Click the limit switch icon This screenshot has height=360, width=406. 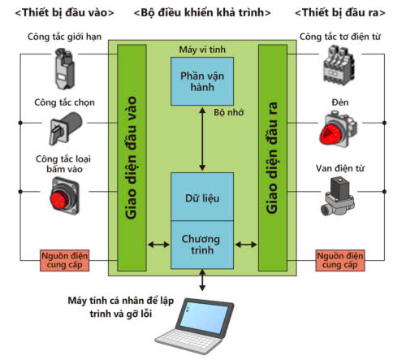(x=64, y=69)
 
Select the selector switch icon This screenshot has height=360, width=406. (x=66, y=128)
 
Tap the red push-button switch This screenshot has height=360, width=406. (x=64, y=196)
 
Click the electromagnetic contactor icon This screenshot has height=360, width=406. (x=339, y=65)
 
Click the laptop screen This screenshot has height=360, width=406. (x=204, y=318)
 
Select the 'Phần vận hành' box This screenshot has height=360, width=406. (x=202, y=81)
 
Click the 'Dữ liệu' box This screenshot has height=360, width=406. (x=202, y=197)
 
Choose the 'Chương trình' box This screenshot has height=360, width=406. (x=202, y=245)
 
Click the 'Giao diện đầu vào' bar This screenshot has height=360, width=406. (x=132, y=158)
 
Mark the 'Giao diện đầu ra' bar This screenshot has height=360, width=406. (x=273, y=158)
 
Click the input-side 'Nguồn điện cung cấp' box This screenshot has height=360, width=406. (x=64, y=260)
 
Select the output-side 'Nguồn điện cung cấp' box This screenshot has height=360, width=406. (x=340, y=260)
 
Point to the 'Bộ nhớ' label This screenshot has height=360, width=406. (x=229, y=112)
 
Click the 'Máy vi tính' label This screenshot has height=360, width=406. (x=202, y=50)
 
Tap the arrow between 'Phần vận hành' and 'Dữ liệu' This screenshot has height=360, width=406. (x=202, y=139)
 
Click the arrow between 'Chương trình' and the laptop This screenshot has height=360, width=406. (x=202, y=280)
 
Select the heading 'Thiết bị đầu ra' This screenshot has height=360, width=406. (x=340, y=13)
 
